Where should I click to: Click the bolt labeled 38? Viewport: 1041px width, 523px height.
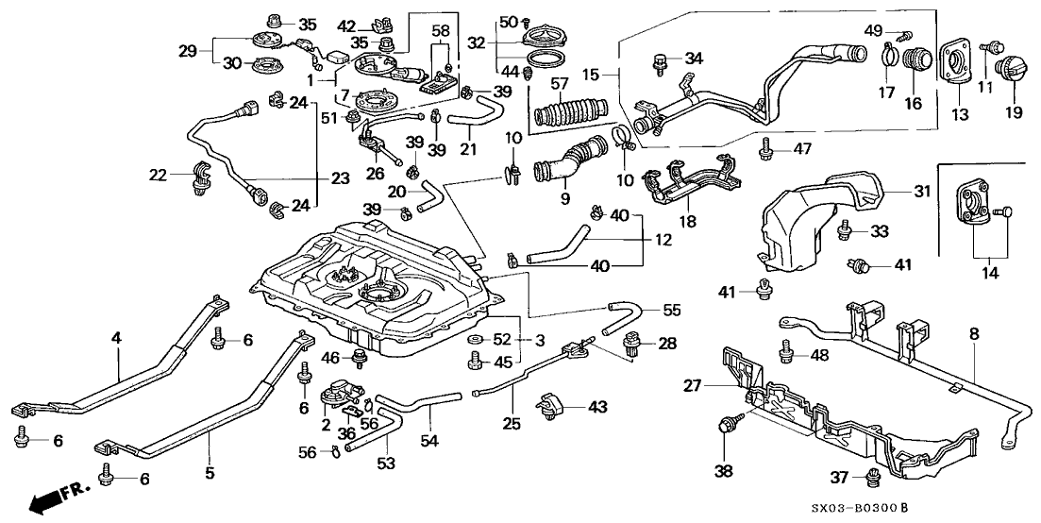(727, 426)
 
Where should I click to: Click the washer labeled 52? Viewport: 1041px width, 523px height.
(474, 339)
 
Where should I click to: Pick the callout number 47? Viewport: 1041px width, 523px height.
(802, 148)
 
